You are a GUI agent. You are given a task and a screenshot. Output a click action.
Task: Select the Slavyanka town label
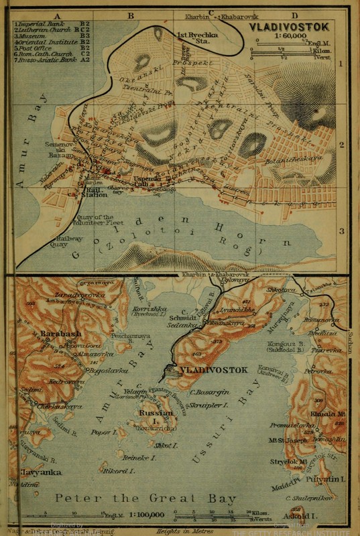click(32, 472)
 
